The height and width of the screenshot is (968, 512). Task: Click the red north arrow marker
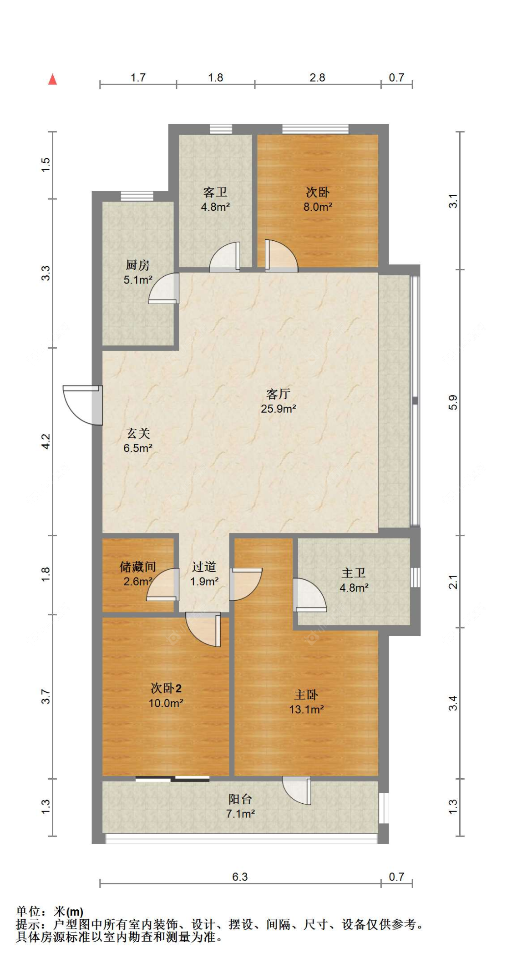click(x=53, y=80)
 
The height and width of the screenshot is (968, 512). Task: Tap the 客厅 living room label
click(x=278, y=394)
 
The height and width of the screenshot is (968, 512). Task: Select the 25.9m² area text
click(x=278, y=409)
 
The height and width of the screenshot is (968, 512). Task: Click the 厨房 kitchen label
click(x=137, y=265)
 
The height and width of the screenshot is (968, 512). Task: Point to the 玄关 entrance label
click(x=138, y=433)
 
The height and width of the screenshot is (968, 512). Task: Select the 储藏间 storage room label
click(x=137, y=567)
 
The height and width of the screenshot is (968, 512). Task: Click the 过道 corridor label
click(x=204, y=567)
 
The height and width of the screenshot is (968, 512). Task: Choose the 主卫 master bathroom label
click(x=354, y=573)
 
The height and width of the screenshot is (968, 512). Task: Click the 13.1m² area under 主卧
click(x=306, y=709)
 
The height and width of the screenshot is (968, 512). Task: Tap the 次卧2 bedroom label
click(x=166, y=688)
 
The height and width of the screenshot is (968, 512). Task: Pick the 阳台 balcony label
click(x=240, y=799)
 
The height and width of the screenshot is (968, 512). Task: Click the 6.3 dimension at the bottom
click(x=240, y=877)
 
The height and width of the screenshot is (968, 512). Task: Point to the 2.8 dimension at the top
click(x=317, y=78)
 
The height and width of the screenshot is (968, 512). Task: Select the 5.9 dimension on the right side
click(x=453, y=402)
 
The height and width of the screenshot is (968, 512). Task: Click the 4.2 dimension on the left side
click(x=46, y=441)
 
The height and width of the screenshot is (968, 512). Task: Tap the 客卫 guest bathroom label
click(x=215, y=192)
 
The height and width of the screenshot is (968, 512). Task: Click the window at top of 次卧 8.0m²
click(x=315, y=129)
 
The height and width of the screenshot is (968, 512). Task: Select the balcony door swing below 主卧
click(x=296, y=791)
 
